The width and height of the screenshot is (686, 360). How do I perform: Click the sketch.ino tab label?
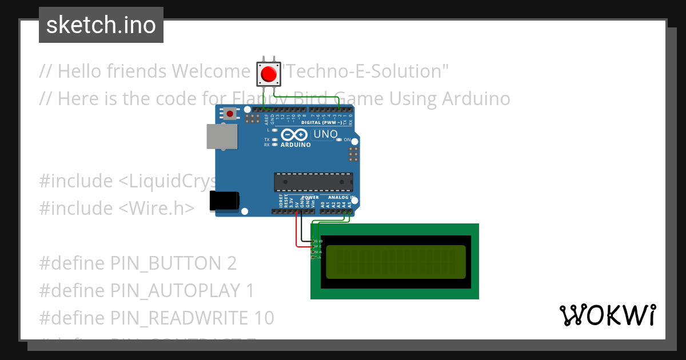click(101, 25)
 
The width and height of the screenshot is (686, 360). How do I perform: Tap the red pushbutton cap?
click(268, 74)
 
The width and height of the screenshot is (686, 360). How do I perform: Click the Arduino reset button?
click(230, 113)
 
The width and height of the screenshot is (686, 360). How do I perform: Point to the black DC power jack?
click(224, 201)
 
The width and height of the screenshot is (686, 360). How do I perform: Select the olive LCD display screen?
click(396, 262)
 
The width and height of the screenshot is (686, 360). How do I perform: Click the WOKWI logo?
click(607, 315)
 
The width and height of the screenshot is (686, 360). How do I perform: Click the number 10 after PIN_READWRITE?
click(264, 318)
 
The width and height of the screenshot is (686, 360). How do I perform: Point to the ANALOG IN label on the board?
click(341, 197)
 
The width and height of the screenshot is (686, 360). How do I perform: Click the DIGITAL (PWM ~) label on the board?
click(324, 122)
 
